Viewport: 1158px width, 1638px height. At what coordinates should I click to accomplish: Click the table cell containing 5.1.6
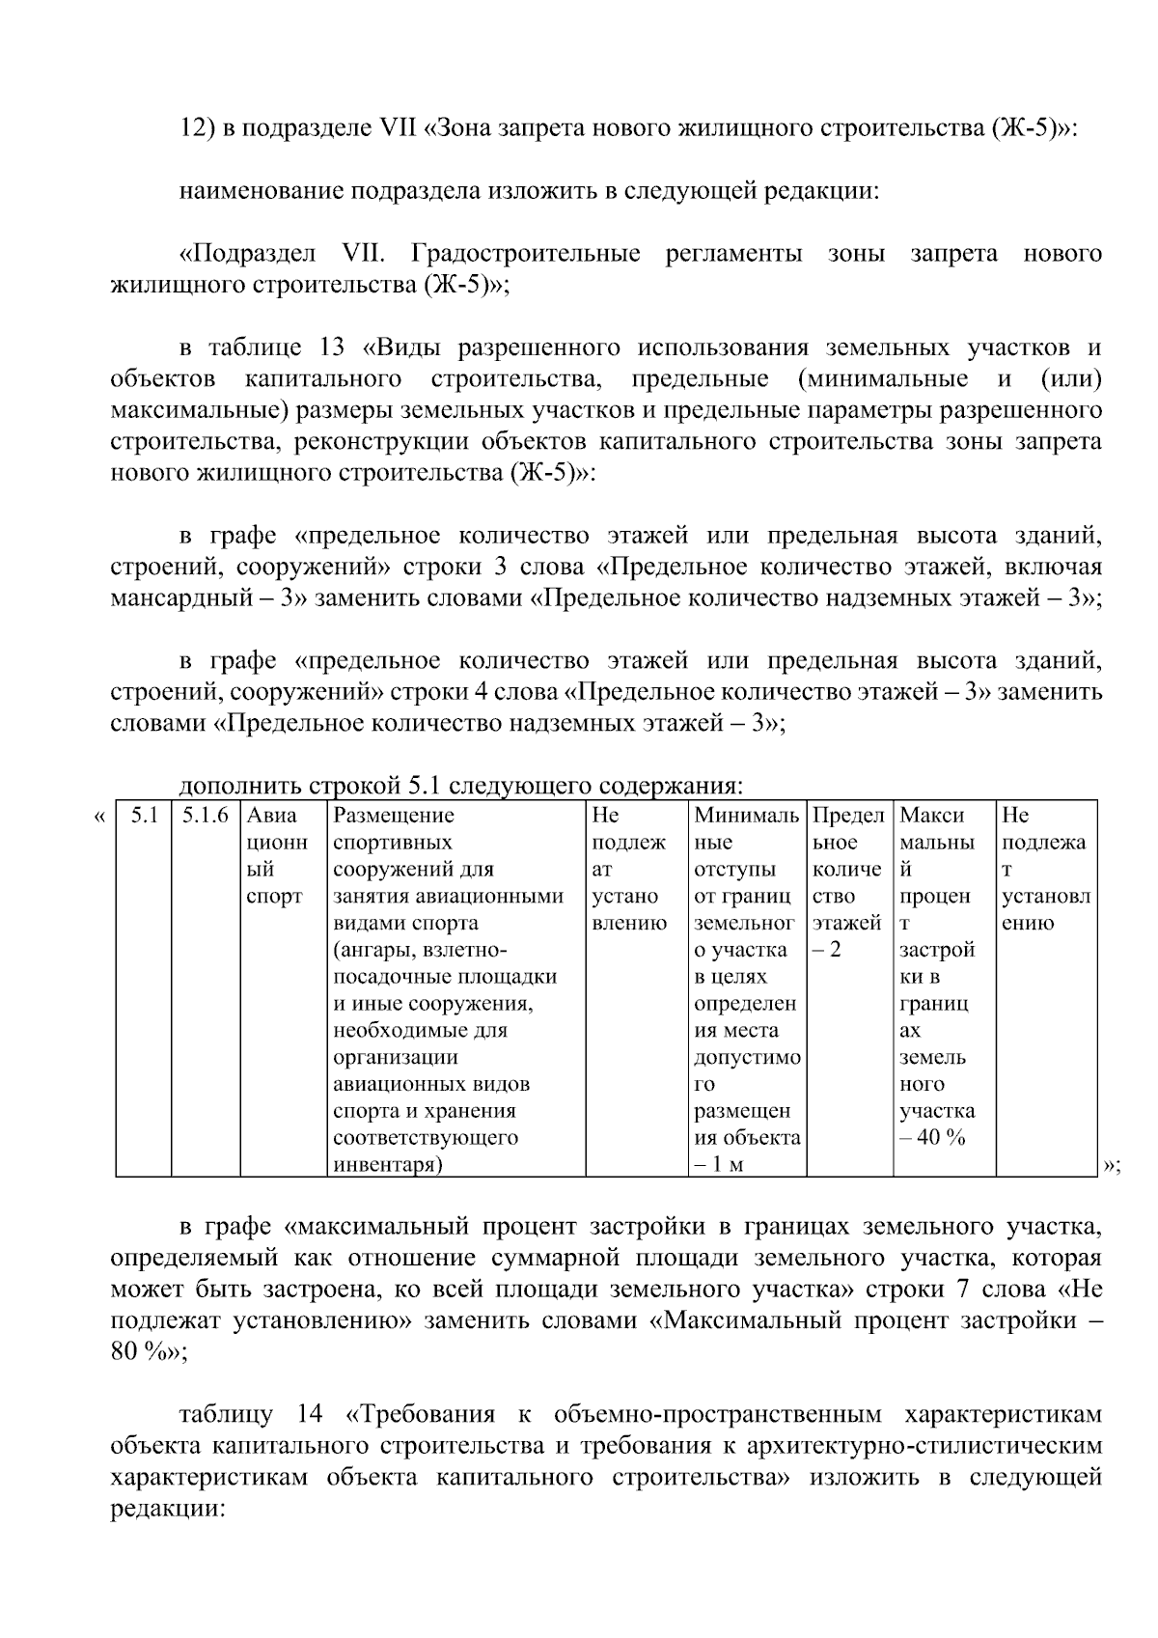point(205,816)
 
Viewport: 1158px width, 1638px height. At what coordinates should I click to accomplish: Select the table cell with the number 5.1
point(144,816)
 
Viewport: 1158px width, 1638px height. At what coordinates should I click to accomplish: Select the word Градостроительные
point(525,255)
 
